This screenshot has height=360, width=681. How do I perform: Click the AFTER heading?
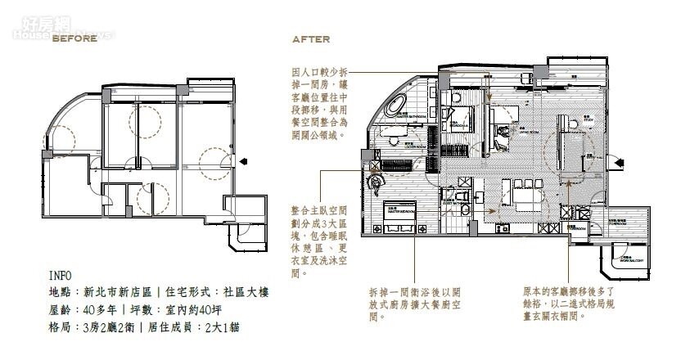(x=311, y=38)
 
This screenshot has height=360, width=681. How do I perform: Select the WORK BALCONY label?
(x=630, y=262)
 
